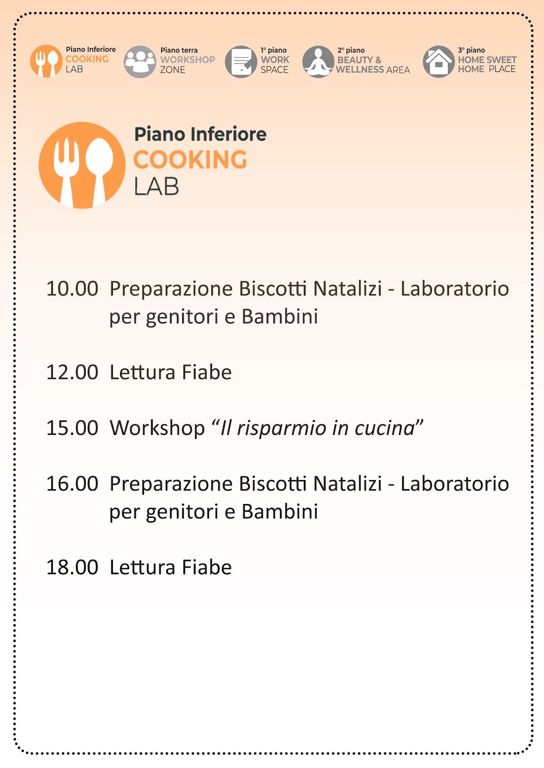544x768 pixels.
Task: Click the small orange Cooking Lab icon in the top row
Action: (x=46, y=61)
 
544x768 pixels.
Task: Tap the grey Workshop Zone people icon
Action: (x=139, y=61)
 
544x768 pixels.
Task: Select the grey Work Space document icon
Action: (x=241, y=61)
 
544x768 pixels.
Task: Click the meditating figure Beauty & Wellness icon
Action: (x=318, y=61)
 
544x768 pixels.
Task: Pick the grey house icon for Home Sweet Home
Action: (x=438, y=61)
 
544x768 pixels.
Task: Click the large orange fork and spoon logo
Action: (x=82, y=165)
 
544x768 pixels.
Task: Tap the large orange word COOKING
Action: (x=190, y=160)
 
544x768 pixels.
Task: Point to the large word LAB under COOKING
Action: (x=156, y=187)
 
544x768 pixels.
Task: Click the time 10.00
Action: (x=72, y=289)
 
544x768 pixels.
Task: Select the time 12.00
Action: (x=72, y=372)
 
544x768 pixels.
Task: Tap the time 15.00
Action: (x=72, y=428)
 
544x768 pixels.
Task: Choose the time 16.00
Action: (x=72, y=484)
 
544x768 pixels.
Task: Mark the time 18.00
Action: (x=72, y=567)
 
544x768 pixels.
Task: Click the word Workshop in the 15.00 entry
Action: (x=157, y=428)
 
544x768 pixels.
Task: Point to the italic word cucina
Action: (x=384, y=428)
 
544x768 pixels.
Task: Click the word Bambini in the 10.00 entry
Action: (x=280, y=317)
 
